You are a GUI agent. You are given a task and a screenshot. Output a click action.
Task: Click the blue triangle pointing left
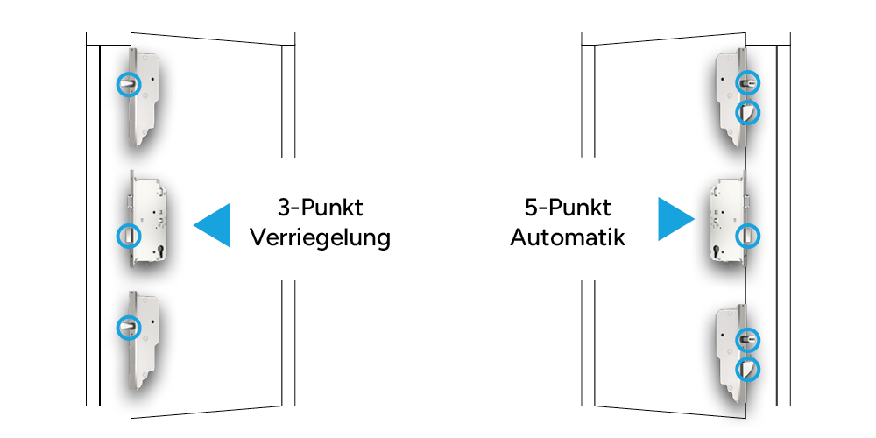point(215,224)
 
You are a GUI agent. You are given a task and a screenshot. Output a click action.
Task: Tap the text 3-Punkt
point(320,208)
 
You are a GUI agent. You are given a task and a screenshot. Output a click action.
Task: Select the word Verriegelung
point(320,238)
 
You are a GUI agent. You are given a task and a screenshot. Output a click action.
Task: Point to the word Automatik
point(568,237)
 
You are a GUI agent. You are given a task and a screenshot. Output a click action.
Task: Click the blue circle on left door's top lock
point(129,83)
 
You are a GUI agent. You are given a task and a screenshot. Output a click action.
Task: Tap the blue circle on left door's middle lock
point(129,235)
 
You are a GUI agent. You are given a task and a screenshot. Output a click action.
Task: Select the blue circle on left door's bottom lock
point(129,327)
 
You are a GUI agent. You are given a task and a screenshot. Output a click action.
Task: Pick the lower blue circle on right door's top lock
point(747,112)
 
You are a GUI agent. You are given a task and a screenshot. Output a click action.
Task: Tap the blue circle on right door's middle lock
point(747,235)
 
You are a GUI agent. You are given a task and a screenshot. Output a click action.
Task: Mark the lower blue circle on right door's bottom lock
point(747,368)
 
